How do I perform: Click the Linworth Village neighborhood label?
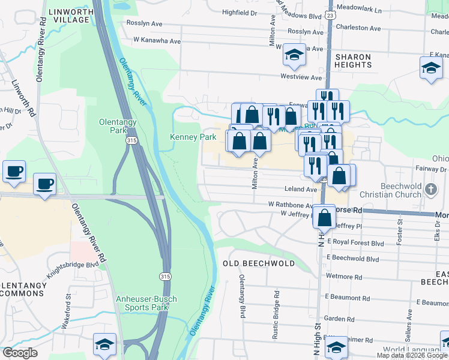click(67, 16)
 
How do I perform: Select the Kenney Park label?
click(193, 137)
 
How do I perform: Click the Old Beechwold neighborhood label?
click(259, 263)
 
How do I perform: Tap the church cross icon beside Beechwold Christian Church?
click(430, 190)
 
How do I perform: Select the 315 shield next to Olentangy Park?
click(131, 140)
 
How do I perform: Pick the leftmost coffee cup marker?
click(14, 171)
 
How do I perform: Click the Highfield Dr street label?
click(239, 12)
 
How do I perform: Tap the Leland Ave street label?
click(303, 189)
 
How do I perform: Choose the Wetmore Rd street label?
click(344, 278)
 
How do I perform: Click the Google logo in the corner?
click(19, 353)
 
